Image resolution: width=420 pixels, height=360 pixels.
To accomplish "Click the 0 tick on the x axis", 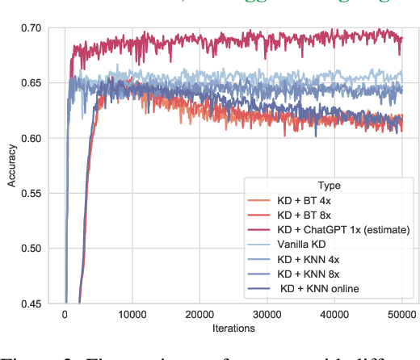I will point(65,316).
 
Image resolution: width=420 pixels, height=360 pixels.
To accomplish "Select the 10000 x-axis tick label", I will point(132,316).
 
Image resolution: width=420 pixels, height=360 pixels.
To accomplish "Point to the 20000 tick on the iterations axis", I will point(199,316).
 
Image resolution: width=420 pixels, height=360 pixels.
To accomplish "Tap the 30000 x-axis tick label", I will point(267,316).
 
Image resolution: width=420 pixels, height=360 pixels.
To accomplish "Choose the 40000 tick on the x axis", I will point(334,316).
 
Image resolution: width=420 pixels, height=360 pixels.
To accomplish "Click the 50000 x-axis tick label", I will point(401,316).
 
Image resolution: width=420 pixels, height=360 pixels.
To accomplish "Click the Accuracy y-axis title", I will point(11,166).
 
